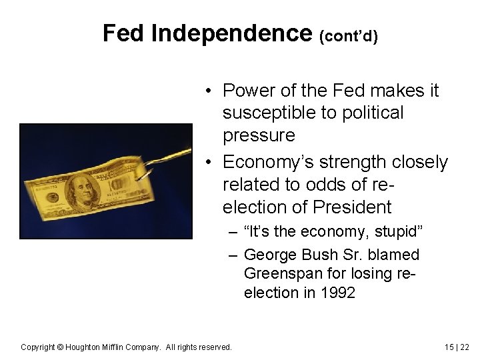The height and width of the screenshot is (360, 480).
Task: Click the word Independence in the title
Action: click(231, 33)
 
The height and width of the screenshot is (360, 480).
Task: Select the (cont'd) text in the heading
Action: click(349, 36)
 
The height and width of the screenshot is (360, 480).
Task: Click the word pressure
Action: click(259, 136)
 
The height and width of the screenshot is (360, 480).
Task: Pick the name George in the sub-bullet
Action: click(271, 255)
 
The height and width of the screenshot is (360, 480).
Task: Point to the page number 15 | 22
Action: click(457, 347)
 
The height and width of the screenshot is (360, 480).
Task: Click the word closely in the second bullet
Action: click(417, 162)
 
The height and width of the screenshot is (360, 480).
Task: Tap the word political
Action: click(370, 113)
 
